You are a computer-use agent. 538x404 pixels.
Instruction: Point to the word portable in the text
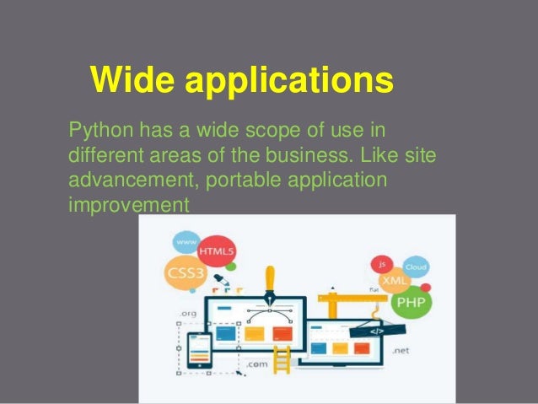(x=242, y=181)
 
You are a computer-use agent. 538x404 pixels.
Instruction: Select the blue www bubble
(x=186, y=243)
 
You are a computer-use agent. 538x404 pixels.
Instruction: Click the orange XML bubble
(x=395, y=277)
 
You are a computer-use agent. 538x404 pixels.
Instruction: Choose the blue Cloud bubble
(x=416, y=267)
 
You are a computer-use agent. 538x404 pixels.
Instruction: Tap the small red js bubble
(x=381, y=262)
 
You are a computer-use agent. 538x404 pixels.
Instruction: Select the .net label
(x=401, y=349)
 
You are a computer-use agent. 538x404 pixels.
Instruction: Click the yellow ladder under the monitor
(x=280, y=358)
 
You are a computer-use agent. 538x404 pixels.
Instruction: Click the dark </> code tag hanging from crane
(x=377, y=331)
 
